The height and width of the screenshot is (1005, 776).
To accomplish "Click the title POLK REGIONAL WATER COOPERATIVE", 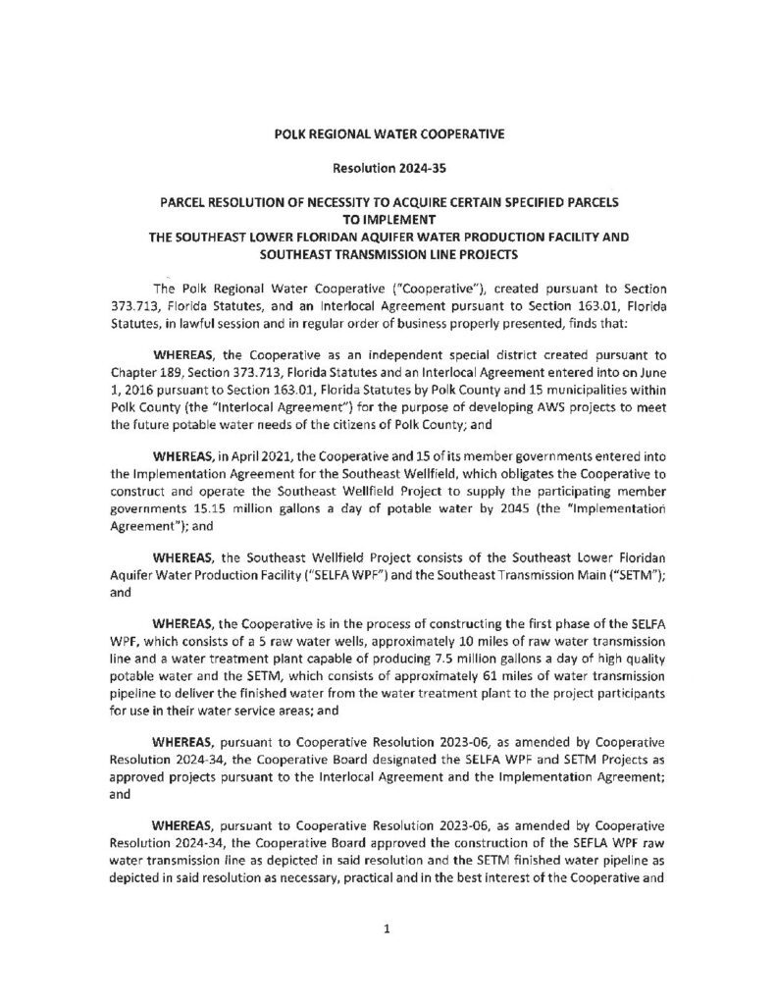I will point(388,132).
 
